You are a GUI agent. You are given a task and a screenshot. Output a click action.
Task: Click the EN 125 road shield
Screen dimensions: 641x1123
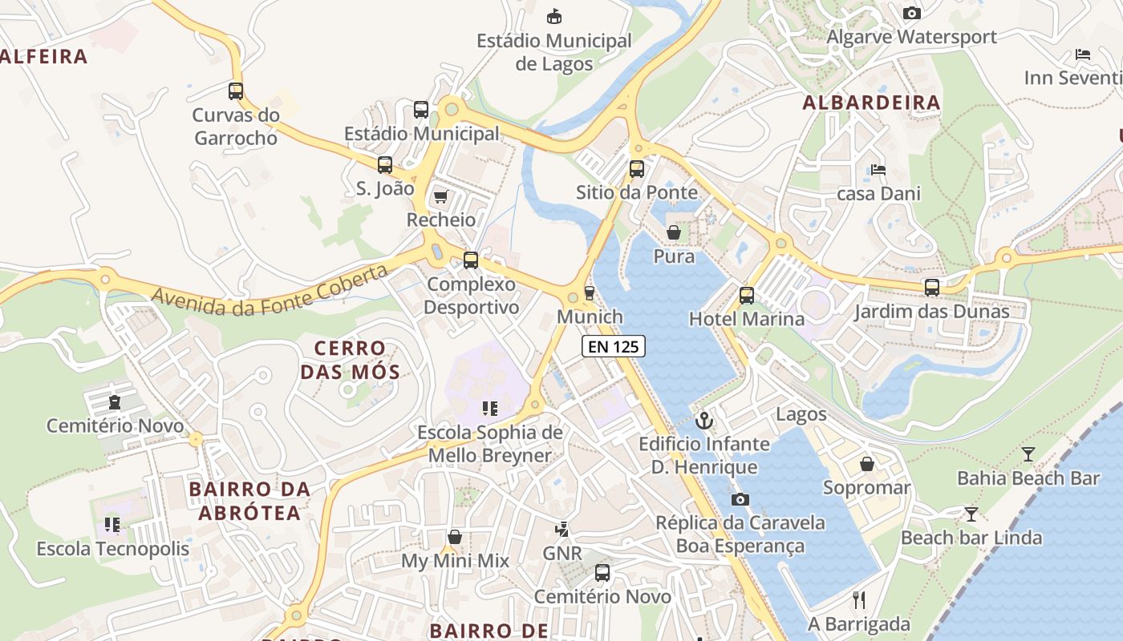(x=614, y=346)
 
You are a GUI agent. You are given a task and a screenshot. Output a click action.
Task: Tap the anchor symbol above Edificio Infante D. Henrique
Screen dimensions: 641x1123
(x=704, y=420)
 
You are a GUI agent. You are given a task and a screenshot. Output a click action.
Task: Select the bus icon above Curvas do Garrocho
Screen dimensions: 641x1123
(x=235, y=91)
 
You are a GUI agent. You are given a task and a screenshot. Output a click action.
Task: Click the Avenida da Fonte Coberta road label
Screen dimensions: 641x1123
(x=270, y=290)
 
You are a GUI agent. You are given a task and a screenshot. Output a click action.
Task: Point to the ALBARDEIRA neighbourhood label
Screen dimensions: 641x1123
(x=871, y=103)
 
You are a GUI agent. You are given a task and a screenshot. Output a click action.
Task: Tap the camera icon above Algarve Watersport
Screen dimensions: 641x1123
(x=911, y=13)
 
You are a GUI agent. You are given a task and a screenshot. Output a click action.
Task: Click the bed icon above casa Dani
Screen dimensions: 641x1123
(x=878, y=170)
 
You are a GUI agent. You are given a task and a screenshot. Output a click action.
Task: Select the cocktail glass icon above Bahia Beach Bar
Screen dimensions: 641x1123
(x=1028, y=454)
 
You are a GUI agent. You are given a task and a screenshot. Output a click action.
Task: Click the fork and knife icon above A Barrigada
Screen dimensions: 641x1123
(x=859, y=599)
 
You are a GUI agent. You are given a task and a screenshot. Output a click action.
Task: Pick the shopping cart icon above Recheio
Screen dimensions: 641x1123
(x=440, y=196)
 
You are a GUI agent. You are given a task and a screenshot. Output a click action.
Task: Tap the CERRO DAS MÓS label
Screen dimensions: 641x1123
(x=350, y=360)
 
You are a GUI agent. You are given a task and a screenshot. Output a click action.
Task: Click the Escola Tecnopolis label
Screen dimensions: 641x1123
(x=113, y=549)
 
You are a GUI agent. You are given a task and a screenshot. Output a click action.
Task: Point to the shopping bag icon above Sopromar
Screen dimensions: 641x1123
(x=866, y=464)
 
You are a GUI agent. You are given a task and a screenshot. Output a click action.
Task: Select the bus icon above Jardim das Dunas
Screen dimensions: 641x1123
(x=931, y=287)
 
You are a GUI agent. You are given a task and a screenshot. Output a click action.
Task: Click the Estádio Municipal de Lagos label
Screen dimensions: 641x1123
(x=553, y=52)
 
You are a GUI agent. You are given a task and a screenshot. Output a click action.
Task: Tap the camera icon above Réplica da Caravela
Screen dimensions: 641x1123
(x=740, y=499)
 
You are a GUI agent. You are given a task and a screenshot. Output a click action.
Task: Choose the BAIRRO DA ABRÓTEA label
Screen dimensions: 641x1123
(x=249, y=501)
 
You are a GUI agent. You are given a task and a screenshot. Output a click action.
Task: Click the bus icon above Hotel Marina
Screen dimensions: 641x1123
(x=747, y=295)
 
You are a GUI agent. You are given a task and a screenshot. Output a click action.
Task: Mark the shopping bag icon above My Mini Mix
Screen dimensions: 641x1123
(x=455, y=537)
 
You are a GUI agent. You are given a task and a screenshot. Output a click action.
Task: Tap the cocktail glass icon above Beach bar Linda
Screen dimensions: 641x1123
(x=971, y=514)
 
